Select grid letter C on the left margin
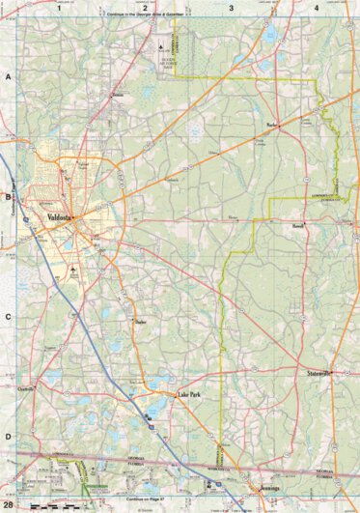8,316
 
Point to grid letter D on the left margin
8,437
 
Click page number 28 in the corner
8,505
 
